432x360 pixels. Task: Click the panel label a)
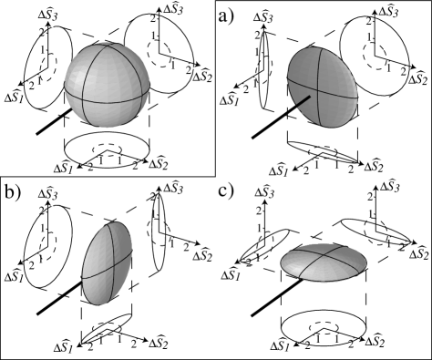click(x=226, y=16)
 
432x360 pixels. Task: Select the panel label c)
click(x=226, y=190)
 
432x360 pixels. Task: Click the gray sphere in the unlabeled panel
click(x=108, y=84)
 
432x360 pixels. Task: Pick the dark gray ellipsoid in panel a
click(x=323, y=87)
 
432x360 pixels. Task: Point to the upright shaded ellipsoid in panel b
click(x=107, y=263)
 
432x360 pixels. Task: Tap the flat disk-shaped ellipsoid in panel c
click(x=324, y=262)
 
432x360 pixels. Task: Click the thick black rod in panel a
click(x=281, y=117)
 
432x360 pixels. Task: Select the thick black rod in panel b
click(x=59, y=298)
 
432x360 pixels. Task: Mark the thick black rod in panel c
click(x=277, y=298)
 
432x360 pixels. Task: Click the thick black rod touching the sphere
click(x=54, y=121)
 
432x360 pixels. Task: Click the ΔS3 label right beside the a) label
click(x=263, y=17)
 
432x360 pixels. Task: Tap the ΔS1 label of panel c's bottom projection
click(x=283, y=346)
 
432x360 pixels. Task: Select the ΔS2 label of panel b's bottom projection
click(x=159, y=344)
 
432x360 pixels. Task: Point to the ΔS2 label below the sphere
click(x=159, y=164)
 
